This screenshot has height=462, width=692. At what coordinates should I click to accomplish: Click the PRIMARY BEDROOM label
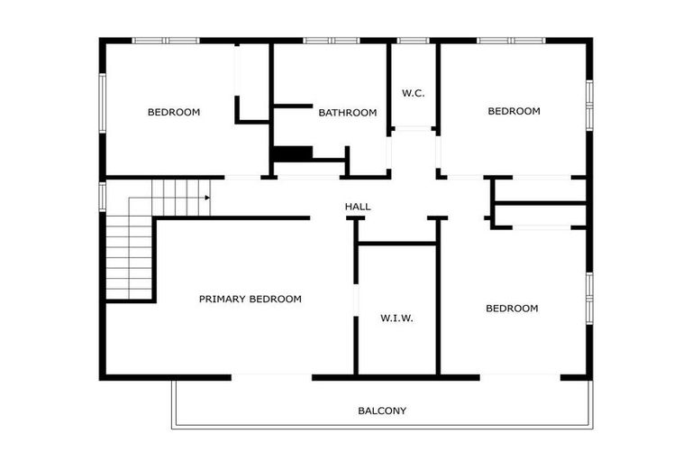point(250,299)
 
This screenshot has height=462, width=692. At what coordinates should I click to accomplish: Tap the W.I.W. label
point(396,318)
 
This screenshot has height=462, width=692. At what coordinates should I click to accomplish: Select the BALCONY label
point(382,411)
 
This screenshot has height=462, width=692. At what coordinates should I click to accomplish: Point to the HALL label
point(358,207)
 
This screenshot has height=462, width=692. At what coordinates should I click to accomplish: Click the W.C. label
point(413,93)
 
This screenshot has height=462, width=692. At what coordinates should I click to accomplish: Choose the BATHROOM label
point(347,113)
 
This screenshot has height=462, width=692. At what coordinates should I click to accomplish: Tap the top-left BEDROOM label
point(174,112)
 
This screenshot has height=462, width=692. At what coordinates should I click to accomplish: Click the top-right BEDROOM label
point(514,111)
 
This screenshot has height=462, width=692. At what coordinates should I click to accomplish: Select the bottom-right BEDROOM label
point(512,309)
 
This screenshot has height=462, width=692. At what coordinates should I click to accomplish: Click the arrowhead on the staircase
point(206,198)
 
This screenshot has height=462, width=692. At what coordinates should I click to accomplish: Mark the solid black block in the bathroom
point(291,153)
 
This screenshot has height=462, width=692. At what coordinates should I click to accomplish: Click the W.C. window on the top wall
point(414,41)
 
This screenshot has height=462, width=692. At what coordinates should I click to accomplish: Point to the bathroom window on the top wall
point(331,41)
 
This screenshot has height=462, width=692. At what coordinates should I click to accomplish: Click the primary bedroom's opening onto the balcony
point(271,376)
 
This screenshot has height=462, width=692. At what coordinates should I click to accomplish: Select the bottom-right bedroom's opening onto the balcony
point(521,376)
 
